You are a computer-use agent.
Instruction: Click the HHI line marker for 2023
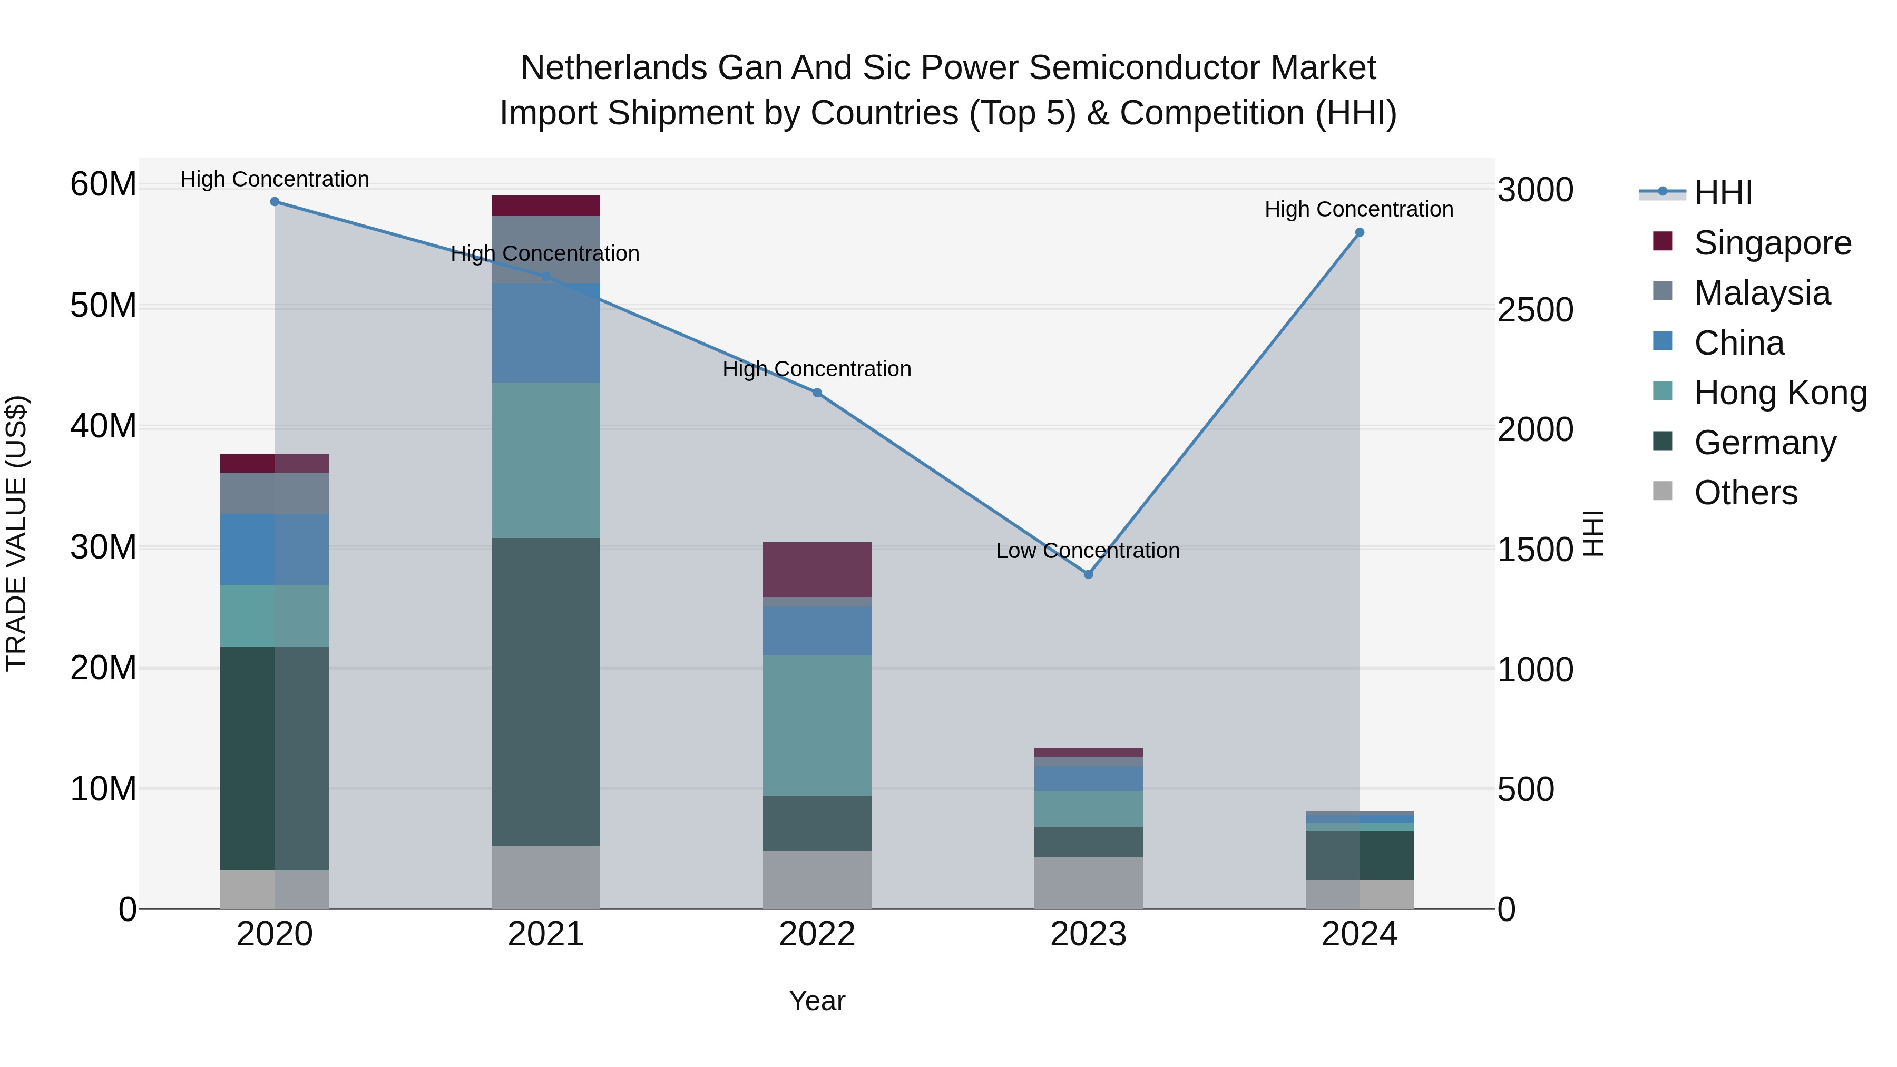tap(1089, 574)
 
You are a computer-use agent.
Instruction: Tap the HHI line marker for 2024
tap(1360, 233)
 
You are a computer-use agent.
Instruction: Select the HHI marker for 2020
tap(275, 202)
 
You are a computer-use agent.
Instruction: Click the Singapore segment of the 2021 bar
tap(546, 205)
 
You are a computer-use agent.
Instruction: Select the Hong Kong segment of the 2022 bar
tap(817, 726)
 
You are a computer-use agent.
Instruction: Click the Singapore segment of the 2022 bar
tap(817, 569)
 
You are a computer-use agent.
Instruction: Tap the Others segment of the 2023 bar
tap(1089, 883)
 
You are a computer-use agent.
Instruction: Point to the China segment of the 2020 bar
tap(275, 550)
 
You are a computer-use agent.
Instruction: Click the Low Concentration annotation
tap(1087, 551)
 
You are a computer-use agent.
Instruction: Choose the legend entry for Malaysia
tap(1762, 293)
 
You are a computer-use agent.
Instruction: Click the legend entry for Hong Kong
tap(1780, 393)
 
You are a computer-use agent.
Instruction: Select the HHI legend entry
tap(1723, 193)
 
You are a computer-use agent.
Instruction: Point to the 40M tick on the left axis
tap(103, 426)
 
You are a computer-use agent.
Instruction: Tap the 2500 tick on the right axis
tap(1536, 310)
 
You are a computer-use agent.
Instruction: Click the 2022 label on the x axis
tap(817, 934)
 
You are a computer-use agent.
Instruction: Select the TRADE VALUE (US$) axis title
tap(16, 533)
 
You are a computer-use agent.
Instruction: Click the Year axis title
tap(817, 1001)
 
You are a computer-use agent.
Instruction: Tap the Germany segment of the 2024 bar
tap(1360, 855)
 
